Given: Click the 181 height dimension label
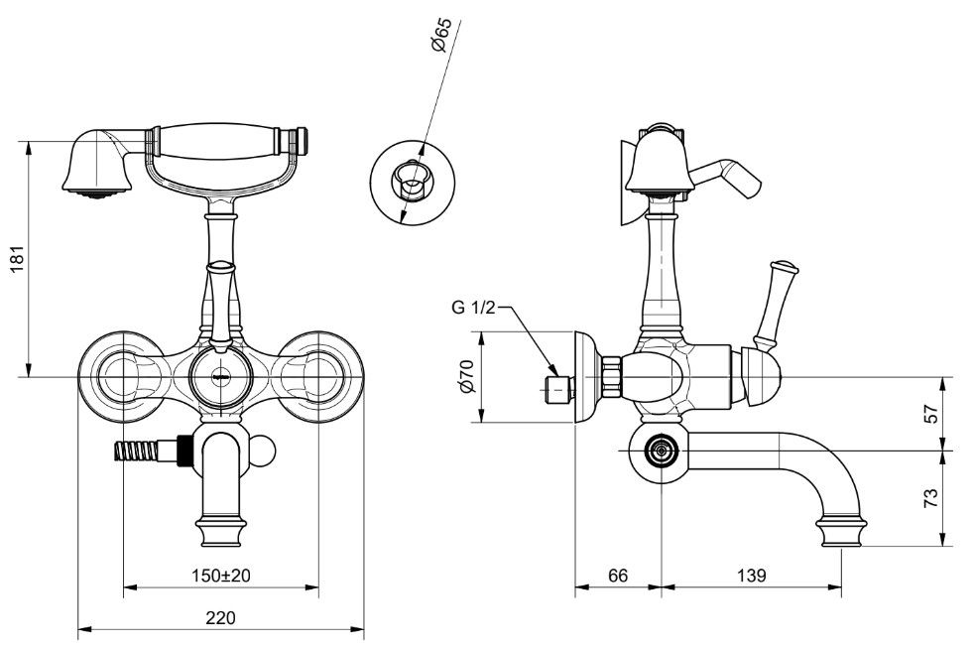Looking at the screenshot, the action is click(x=18, y=258).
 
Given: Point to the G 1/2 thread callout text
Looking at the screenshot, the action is click(x=473, y=308).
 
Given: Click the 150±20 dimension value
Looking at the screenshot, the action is click(x=220, y=576).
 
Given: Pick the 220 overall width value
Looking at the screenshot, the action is click(x=221, y=617).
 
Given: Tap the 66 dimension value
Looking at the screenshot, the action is click(x=618, y=576).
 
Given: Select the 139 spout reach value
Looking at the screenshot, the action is click(x=752, y=576).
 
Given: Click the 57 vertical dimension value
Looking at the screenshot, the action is click(x=930, y=413).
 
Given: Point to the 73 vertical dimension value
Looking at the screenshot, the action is click(x=930, y=498).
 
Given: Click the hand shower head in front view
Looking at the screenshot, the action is click(x=97, y=163).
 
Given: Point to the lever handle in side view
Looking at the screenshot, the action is click(x=776, y=303).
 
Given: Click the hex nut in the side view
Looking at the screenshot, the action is click(x=611, y=376).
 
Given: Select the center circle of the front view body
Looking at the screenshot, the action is click(x=221, y=377).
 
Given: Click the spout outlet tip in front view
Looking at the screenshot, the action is click(x=221, y=531).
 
